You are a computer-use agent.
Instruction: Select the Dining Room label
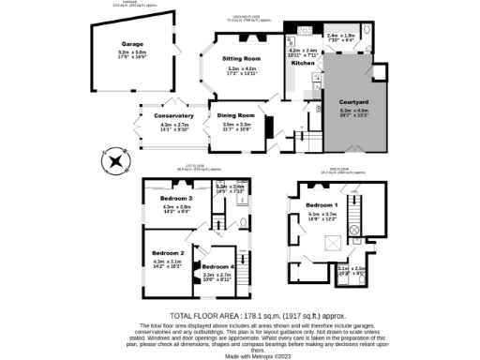[x=235, y=115]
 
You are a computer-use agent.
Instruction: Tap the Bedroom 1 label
[x=322, y=204]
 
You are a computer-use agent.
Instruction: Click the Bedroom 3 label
[x=175, y=200]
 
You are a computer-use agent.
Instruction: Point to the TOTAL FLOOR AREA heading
[x=239, y=315]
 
